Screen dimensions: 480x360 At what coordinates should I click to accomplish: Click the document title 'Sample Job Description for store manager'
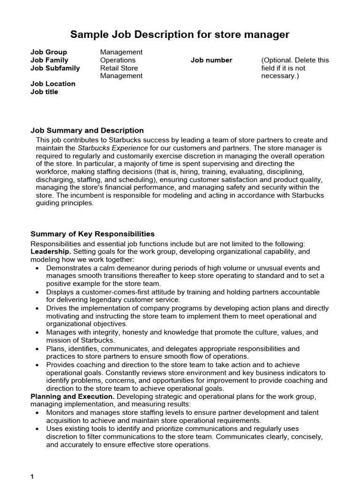[180, 35]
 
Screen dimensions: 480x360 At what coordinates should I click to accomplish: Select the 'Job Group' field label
[49, 52]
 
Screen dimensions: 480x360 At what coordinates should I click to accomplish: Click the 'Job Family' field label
[49, 60]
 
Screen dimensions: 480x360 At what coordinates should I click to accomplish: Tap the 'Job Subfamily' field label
[55, 68]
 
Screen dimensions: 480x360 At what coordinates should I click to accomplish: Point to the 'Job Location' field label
[52, 84]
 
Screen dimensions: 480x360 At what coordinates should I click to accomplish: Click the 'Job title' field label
[44, 92]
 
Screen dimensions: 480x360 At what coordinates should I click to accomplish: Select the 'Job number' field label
[211, 60]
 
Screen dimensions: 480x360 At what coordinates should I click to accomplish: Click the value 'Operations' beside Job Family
[118, 60]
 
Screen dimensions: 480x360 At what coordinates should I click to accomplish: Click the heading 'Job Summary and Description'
[87, 130]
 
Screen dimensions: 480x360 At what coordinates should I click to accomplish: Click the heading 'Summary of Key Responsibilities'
[92, 234]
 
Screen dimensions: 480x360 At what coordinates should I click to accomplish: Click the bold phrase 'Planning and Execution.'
[72, 396]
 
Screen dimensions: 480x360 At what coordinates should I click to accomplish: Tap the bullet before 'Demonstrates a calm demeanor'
[37, 268]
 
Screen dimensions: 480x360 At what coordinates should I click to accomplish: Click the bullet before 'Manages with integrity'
[37, 332]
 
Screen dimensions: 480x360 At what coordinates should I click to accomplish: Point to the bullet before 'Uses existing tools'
[37, 429]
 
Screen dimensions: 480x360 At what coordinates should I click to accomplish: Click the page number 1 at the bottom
[32, 476]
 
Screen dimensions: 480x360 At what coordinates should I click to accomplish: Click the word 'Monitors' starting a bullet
[60, 412]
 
